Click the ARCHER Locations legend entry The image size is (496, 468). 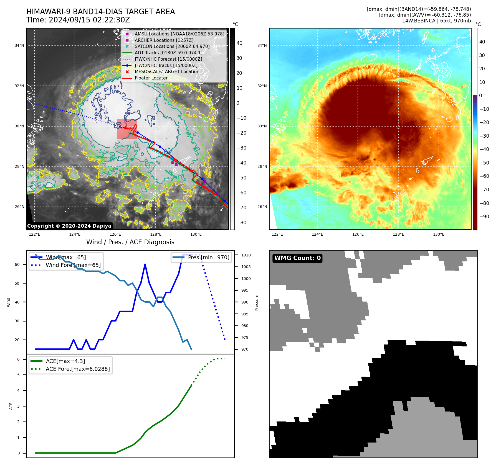(164, 40)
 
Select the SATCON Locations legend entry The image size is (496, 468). (172, 47)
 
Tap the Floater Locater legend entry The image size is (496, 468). (151, 78)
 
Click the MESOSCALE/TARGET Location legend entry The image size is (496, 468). (167, 72)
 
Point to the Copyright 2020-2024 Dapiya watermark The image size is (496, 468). (69, 226)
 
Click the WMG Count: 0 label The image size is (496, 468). (297, 258)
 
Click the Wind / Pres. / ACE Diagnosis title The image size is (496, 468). (130, 242)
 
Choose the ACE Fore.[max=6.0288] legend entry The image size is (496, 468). (78, 369)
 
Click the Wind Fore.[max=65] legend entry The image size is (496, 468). (73, 265)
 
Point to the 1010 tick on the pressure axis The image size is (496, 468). (246, 255)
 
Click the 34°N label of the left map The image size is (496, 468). (19, 45)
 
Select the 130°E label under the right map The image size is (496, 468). (439, 235)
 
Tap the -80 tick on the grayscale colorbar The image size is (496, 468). (241, 223)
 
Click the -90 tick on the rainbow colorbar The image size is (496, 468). (484, 217)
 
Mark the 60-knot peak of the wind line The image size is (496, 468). (145, 264)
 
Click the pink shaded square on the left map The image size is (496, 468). (127, 129)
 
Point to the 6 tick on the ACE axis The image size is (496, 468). (18, 359)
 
